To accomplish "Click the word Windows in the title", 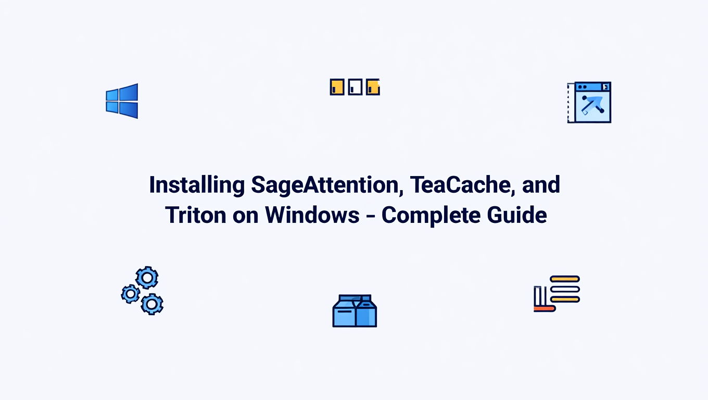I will pyautogui.click(x=312, y=215).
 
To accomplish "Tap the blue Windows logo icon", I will pyautogui.click(x=122, y=101).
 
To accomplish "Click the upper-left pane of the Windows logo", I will pyautogui.click(x=113, y=95).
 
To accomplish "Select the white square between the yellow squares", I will pyautogui.click(x=355, y=87).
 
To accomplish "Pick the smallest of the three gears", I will pyautogui.click(x=130, y=294).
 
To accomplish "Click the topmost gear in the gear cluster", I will pyautogui.click(x=147, y=278).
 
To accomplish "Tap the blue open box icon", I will pyautogui.click(x=355, y=311).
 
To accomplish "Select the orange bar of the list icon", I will pyautogui.click(x=545, y=309).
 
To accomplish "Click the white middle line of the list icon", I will pyautogui.click(x=565, y=289).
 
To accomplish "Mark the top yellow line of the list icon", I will pyautogui.click(x=565, y=279).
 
